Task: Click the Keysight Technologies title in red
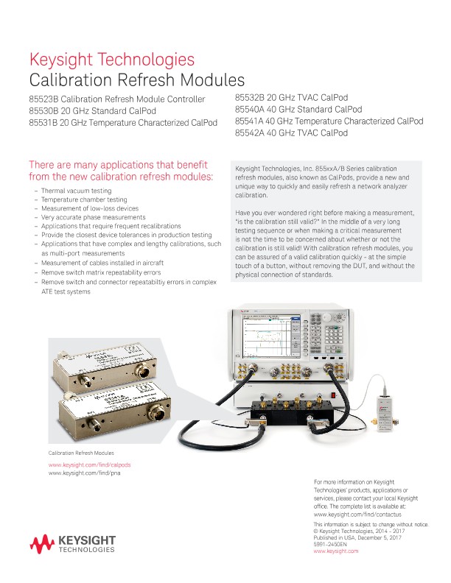[111, 60]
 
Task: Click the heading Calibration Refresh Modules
[136, 79]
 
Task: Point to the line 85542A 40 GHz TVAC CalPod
[291, 133]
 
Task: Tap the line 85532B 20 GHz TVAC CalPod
[291, 97]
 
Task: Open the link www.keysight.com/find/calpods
[90, 465]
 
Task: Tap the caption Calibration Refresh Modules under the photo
[81, 453]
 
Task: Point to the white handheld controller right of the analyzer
[385, 405]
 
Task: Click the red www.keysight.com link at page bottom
[336, 551]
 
